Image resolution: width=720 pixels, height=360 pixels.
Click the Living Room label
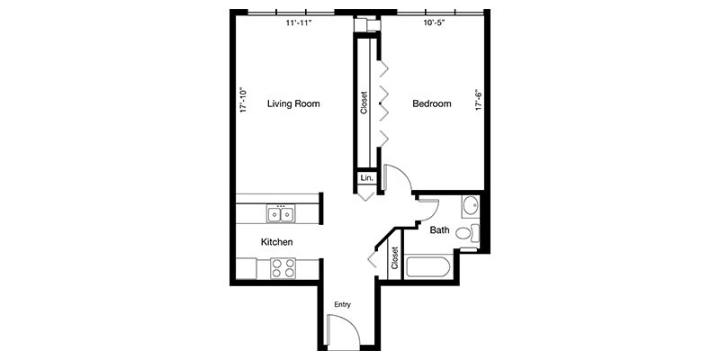coord(293,104)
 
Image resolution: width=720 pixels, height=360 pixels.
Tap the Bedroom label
coord(431,104)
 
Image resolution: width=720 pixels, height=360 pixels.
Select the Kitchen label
coord(276,242)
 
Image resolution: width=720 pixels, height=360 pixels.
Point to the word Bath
coord(439,230)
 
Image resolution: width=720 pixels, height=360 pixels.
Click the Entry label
coord(342,304)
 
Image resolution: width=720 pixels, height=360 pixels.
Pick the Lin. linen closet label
coord(366,178)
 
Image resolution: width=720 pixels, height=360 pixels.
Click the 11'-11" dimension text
coord(297,23)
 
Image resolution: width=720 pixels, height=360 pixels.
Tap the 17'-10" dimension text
coord(243,99)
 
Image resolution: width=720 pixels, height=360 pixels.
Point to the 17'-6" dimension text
coord(479,99)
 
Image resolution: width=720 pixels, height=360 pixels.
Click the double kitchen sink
coord(281,213)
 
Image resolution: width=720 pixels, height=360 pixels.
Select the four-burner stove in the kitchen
coord(283,267)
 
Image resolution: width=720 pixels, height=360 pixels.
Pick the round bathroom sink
coord(470,206)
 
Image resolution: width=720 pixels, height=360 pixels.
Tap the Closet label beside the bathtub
coord(394,258)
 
